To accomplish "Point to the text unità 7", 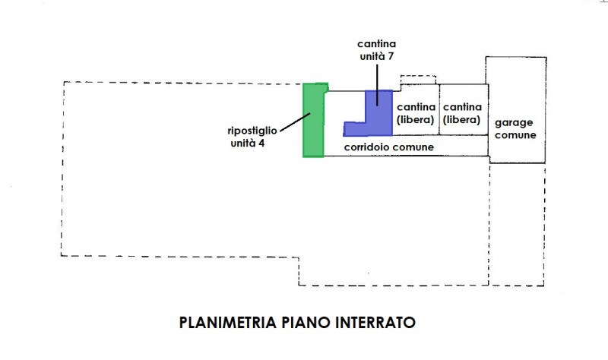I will tap(377, 56).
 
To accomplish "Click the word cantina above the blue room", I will tap(378, 44).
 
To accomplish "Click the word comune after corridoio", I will tap(414, 147).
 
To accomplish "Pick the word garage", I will tap(516, 122).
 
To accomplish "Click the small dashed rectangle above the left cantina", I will tap(419, 79).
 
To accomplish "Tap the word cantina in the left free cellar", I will tap(416, 107).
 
